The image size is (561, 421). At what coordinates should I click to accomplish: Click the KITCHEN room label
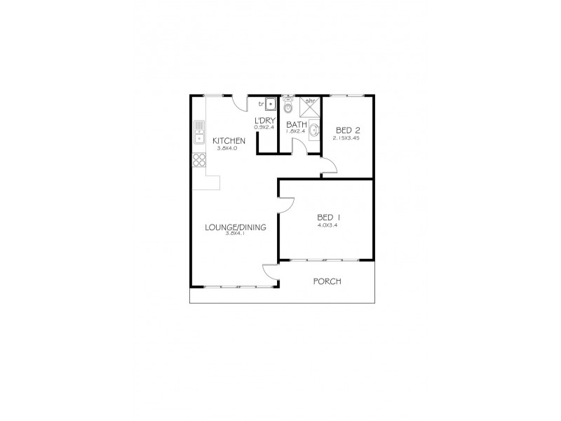click(229, 141)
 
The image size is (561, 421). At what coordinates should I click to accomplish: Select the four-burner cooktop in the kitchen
click(199, 161)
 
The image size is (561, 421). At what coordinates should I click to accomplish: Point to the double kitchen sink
click(199, 131)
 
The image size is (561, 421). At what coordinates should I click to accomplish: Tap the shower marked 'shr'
click(311, 106)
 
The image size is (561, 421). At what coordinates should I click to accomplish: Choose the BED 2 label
click(349, 130)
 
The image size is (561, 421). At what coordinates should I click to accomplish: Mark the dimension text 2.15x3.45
click(346, 138)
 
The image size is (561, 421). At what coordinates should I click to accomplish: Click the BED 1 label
click(327, 217)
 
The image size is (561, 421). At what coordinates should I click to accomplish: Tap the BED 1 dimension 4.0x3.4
click(327, 225)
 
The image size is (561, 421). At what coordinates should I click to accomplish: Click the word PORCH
click(327, 281)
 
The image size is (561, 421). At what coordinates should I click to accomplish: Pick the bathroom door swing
click(299, 146)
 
